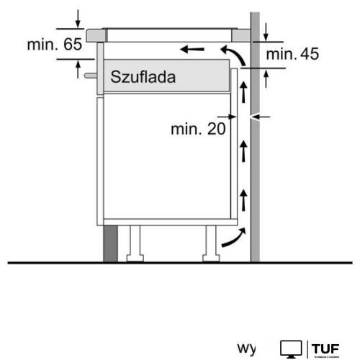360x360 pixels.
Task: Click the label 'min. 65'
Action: point(55,45)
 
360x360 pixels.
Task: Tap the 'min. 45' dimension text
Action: point(292,53)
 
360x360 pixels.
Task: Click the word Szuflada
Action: point(143,76)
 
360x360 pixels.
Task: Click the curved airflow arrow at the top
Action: point(230,54)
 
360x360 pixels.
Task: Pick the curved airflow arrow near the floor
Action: point(232,238)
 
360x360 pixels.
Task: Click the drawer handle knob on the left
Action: point(88,74)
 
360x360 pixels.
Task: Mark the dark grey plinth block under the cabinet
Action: point(109,242)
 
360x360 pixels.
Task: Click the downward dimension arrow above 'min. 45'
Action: point(266,32)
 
